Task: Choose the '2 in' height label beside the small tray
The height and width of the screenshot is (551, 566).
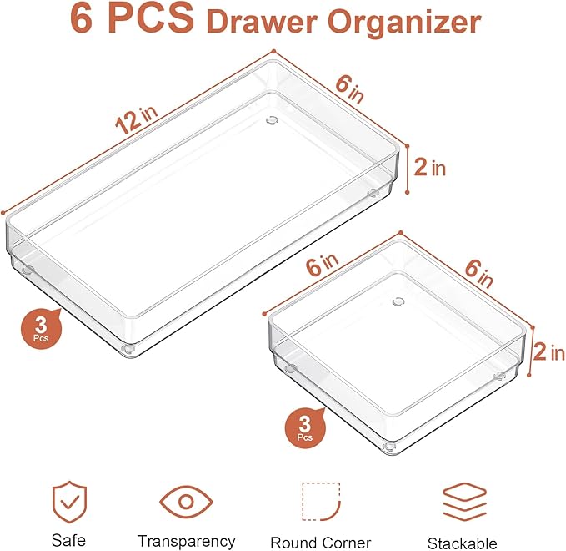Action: (548, 352)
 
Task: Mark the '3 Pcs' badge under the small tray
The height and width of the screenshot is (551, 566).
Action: (304, 427)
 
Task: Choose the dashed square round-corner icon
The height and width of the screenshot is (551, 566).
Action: (320, 502)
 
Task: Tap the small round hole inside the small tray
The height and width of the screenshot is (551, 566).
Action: (398, 301)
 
